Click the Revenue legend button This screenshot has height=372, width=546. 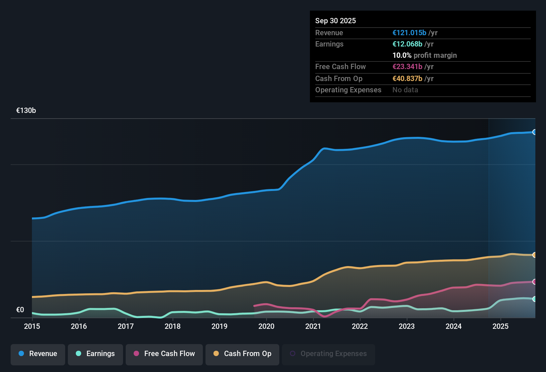point(38,354)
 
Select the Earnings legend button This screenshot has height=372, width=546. point(95,354)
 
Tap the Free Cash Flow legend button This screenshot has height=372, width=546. point(164,354)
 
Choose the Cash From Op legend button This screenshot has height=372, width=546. point(242,354)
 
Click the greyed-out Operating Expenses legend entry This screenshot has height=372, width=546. point(328,354)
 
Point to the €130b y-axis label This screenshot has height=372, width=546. point(26,111)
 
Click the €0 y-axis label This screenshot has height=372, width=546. point(20,310)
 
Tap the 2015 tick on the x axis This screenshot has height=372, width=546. point(32,326)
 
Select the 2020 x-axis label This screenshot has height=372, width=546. point(266,326)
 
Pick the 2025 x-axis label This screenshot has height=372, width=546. point(500,326)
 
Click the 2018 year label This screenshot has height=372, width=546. point(173,326)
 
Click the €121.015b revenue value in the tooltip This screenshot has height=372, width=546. point(409,33)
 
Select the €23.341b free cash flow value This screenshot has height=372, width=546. point(407,67)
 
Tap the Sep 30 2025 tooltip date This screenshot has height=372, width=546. point(336,21)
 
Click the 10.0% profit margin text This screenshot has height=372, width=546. point(425,55)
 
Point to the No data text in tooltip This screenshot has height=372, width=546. point(405,90)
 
